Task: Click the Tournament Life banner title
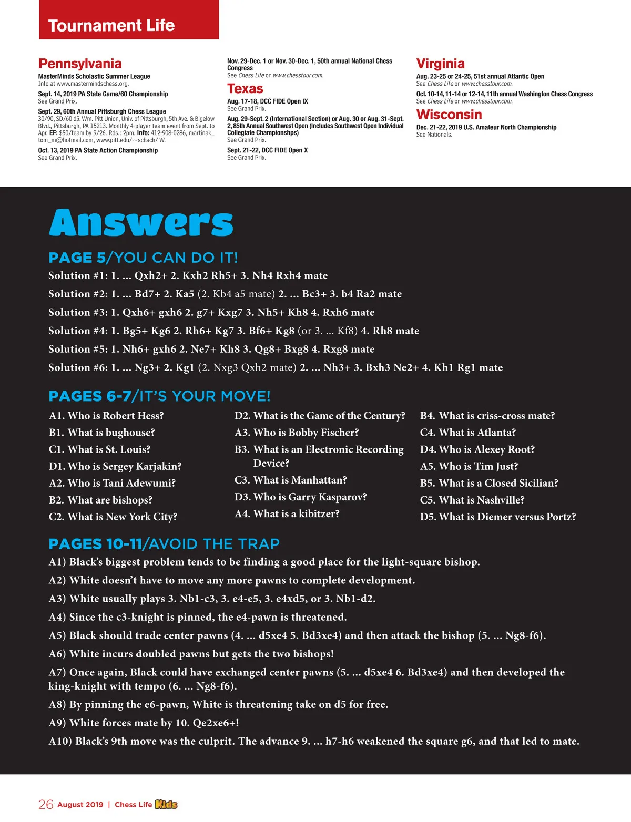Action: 111,25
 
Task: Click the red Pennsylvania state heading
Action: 80,64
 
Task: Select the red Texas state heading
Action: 245,89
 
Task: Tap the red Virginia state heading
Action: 440,64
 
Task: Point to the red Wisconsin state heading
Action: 449,115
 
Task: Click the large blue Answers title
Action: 141,223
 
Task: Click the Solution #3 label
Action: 78,312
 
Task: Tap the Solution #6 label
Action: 78,367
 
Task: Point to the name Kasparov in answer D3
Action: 342,497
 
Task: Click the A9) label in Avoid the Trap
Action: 57,723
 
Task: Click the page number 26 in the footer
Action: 46,804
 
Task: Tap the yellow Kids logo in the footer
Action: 166,804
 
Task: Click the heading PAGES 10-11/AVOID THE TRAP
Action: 164,544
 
